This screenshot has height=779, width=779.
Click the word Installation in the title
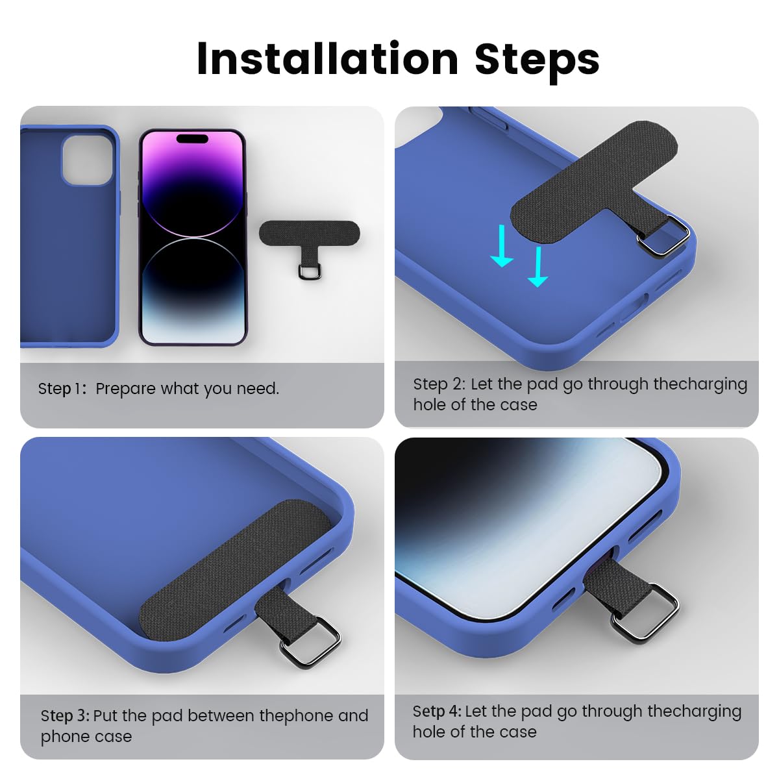click(x=327, y=59)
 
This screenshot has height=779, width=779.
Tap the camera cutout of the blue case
click(x=86, y=160)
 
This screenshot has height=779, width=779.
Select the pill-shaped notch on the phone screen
click(x=192, y=138)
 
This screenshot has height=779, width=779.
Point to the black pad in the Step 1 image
click(x=309, y=232)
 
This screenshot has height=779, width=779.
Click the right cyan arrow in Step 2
click(x=538, y=266)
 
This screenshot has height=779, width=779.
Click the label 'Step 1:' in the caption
click(x=62, y=389)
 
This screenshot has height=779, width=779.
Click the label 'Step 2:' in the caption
click(x=439, y=384)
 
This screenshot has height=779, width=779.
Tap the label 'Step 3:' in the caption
click(x=65, y=716)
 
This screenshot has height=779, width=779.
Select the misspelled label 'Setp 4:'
click(x=436, y=711)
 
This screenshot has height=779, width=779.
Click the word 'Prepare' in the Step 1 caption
click(x=126, y=389)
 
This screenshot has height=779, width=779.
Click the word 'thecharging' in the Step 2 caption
click(x=700, y=384)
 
